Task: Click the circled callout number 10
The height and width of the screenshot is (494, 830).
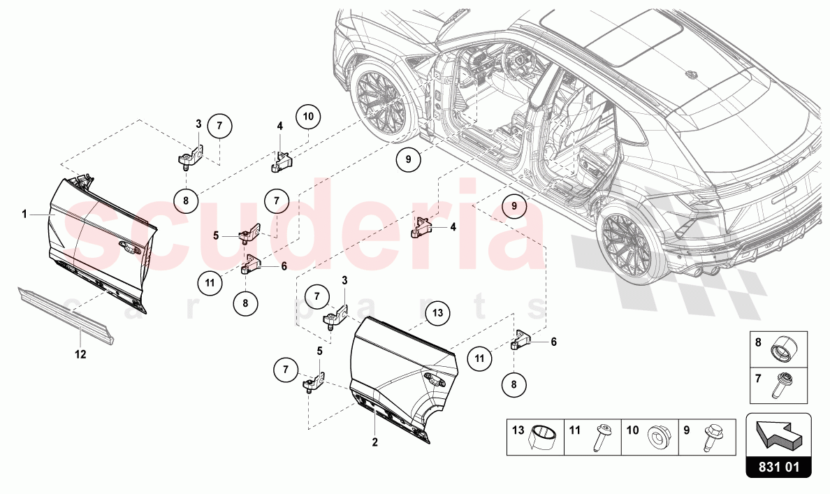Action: pos(308,116)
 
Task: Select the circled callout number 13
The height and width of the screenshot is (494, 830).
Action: pos(437,312)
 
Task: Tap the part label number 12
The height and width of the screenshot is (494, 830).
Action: pos(80,354)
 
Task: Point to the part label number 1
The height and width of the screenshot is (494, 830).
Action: pos(24,215)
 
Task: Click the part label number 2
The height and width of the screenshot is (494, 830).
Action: pos(374,442)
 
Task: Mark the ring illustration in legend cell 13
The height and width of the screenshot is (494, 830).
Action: pos(544,438)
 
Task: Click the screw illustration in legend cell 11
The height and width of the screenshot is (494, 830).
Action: pos(602,437)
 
